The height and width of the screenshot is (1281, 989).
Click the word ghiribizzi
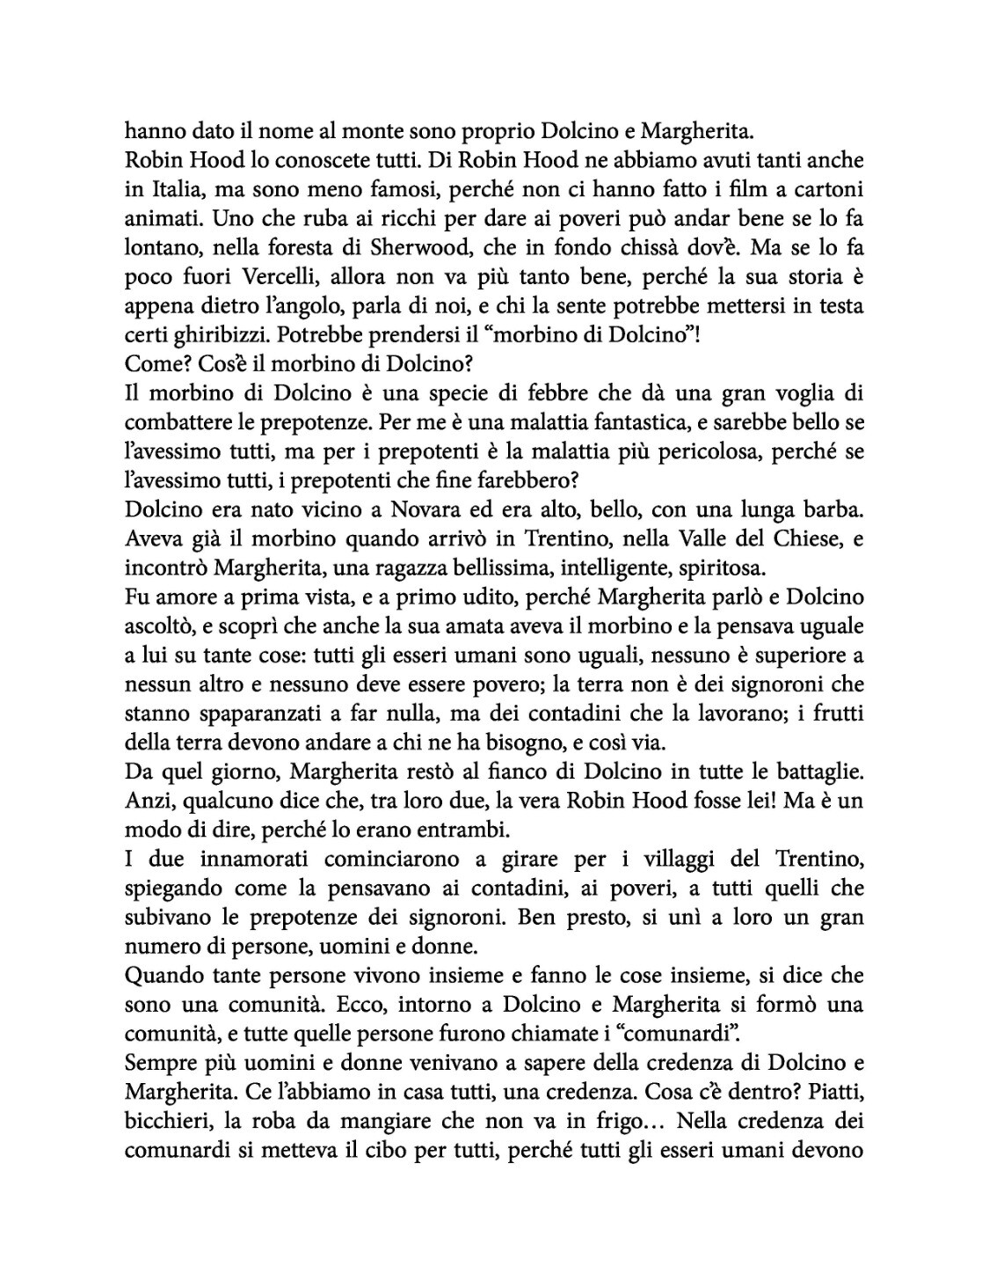click(217, 335)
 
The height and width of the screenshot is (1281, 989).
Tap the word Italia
click(171, 190)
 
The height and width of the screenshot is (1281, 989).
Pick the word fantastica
click(642, 423)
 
